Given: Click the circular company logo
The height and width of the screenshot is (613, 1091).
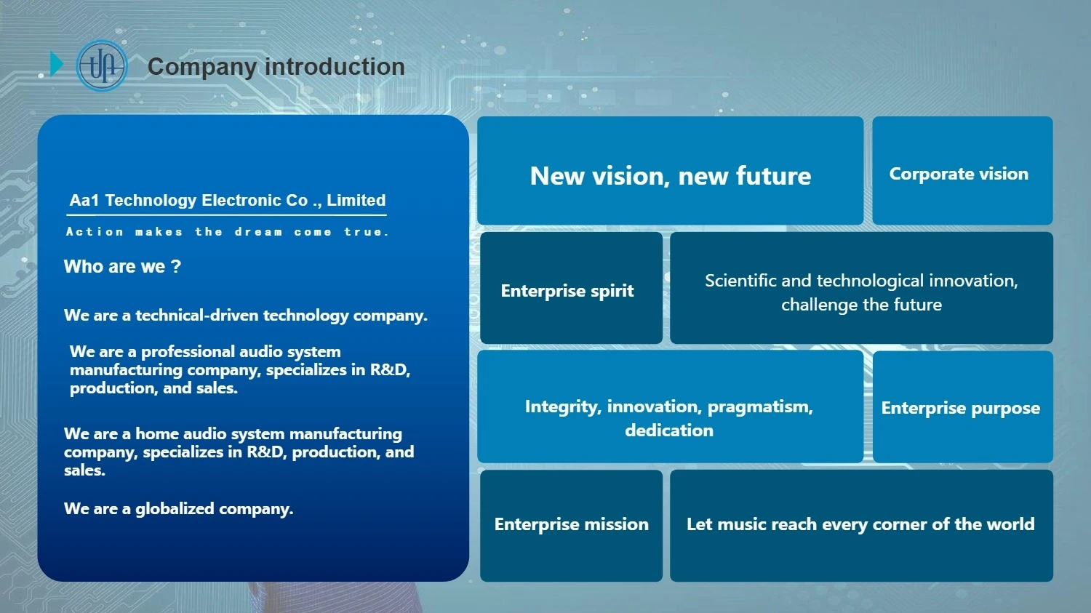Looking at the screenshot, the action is (x=102, y=65).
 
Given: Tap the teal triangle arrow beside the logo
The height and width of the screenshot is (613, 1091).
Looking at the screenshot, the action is (x=57, y=64).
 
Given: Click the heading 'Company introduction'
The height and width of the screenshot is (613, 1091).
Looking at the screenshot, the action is (x=276, y=67).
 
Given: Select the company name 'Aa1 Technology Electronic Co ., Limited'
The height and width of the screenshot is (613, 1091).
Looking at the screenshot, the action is (x=228, y=200).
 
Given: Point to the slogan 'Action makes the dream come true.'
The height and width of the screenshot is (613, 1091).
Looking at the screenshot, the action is (x=228, y=232).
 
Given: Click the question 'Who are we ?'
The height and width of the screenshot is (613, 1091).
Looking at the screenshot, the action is (x=122, y=266).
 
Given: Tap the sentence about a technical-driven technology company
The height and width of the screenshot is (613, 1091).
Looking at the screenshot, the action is (x=246, y=316).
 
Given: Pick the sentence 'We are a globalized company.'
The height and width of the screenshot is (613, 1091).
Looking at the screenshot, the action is (x=178, y=509).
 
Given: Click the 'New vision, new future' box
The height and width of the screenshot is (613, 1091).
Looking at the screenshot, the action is (x=670, y=170).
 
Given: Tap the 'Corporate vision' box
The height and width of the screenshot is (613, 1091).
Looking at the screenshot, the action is (x=962, y=170).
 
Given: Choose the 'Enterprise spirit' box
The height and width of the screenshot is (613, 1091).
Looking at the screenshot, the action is (x=571, y=288).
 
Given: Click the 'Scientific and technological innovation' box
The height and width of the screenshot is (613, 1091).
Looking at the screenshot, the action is (x=861, y=288).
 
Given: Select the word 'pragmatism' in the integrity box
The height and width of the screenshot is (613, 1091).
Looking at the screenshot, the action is (x=760, y=407).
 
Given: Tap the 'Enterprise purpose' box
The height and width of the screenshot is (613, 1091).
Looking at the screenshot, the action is (x=962, y=406).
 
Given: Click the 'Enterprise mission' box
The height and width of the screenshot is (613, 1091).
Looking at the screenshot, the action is (x=571, y=525).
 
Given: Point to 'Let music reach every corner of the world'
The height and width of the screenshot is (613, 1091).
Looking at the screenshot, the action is (x=861, y=525).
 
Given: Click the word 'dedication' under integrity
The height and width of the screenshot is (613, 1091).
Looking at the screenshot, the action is (x=669, y=430).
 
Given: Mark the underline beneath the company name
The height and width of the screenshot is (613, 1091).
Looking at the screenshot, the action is (x=226, y=215).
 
